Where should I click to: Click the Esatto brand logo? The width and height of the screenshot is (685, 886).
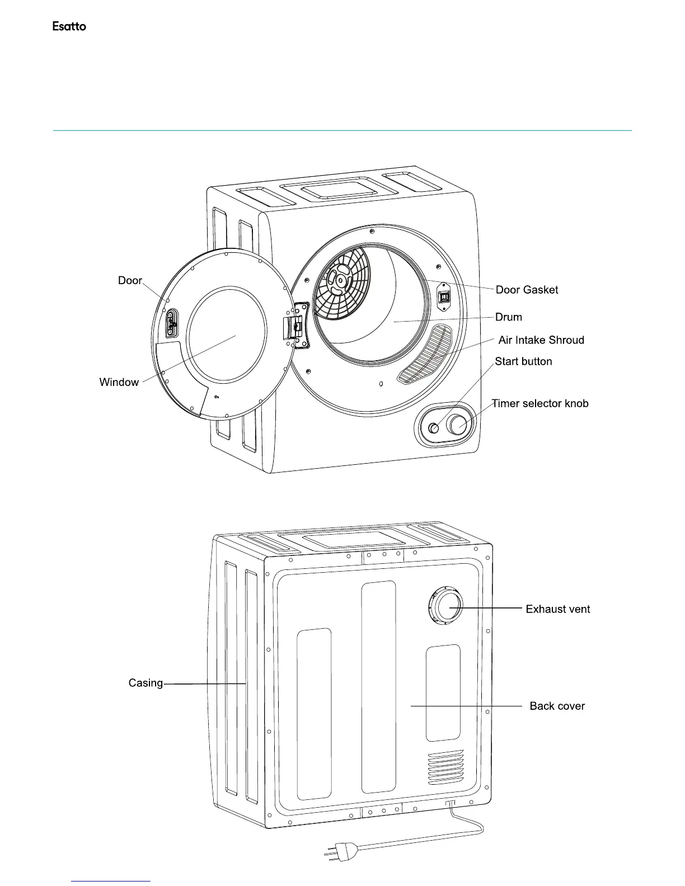click(x=69, y=26)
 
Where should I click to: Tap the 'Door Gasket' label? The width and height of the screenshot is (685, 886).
click(x=527, y=290)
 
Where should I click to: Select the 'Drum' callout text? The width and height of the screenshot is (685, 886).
click(x=508, y=317)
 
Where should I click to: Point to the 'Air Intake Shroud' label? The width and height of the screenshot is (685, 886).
click(x=541, y=340)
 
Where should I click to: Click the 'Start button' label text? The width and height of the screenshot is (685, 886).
click(x=523, y=361)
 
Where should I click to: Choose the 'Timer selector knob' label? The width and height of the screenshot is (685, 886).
click(x=540, y=403)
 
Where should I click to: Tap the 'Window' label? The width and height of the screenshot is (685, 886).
click(x=119, y=382)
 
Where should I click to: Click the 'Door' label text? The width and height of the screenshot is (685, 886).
click(x=130, y=280)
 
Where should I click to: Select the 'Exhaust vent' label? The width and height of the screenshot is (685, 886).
click(x=557, y=609)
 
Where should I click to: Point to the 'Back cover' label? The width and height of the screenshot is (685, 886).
click(x=557, y=706)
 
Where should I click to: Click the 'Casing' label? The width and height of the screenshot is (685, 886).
click(x=146, y=683)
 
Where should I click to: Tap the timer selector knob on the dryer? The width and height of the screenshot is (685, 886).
click(x=458, y=425)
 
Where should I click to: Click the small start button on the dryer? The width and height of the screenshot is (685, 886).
click(x=434, y=428)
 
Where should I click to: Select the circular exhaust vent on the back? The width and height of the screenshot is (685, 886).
click(x=447, y=607)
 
